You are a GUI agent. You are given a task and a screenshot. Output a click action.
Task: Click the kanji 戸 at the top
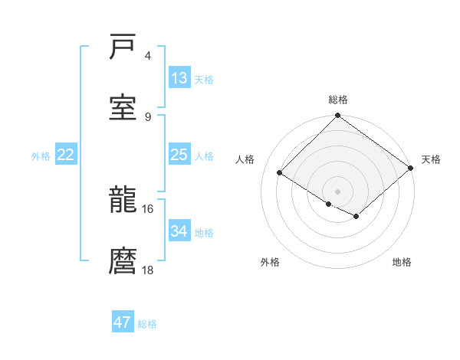tap(123, 47)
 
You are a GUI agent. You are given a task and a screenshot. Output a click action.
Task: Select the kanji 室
tap(123, 107)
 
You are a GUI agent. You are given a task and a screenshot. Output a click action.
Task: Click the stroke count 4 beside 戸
tap(148, 56)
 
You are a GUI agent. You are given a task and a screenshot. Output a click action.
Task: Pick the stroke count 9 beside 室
tap(148, 116)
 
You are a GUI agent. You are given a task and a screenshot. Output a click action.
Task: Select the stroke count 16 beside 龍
tap(148, 208)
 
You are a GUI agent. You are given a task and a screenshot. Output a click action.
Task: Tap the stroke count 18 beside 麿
tap(148, 269)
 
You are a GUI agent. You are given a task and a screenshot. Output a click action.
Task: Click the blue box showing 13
tap(179, 78)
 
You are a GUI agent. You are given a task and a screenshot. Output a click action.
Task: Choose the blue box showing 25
tap(179, 155)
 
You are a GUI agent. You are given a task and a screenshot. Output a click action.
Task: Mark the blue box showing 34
tap(179, 231)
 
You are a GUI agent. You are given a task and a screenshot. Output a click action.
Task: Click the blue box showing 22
tap(66, 155)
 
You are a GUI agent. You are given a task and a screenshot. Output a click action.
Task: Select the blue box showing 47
tap(123, 322)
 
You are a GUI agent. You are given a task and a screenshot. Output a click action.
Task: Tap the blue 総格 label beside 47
tap(147, 324)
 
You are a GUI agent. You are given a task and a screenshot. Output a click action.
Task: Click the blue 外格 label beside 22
tap(41, 156)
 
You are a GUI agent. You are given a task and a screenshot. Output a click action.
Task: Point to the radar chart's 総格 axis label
tap(338, 100)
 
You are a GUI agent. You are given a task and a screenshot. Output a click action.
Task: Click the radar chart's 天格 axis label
tap(431, 159)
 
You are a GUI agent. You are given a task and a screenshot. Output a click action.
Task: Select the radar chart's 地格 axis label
tap(402, 262)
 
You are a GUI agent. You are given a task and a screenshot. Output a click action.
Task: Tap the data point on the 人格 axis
tap(280, 173)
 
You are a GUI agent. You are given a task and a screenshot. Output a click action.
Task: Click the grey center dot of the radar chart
tap(337, 191)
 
